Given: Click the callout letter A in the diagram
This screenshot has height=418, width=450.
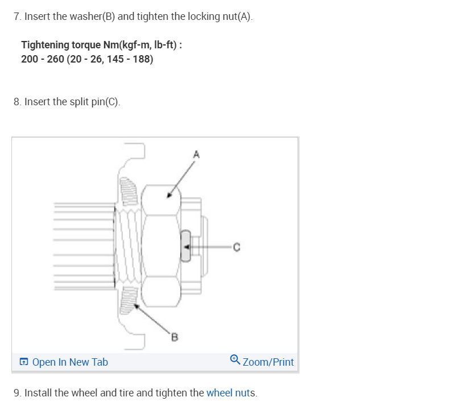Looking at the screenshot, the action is click(x=197, y=154).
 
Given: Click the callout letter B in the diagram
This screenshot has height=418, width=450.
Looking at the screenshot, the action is click(x=175, y=339).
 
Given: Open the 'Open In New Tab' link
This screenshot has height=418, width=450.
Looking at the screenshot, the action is click(x=70, y=362).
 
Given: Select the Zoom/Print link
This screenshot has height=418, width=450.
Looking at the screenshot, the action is click(x=268, y=362).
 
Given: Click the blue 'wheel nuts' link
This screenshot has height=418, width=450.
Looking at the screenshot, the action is click(x=232, y=393).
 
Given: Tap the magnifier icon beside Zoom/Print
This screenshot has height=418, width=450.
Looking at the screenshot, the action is click(x=235, y=360).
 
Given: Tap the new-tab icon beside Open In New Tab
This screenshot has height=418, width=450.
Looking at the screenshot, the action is click(x=24, y=362).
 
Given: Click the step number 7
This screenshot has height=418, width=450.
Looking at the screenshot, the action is click(x=16, y=16).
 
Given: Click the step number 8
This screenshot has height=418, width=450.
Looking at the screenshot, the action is click(x=16, y=102).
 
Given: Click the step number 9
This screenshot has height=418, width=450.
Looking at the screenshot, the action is click(x=16, y=393).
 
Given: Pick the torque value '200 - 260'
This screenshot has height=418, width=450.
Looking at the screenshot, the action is click(x=42, y=59).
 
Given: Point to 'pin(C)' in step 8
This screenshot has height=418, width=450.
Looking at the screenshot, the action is click(x=105, y=102).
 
